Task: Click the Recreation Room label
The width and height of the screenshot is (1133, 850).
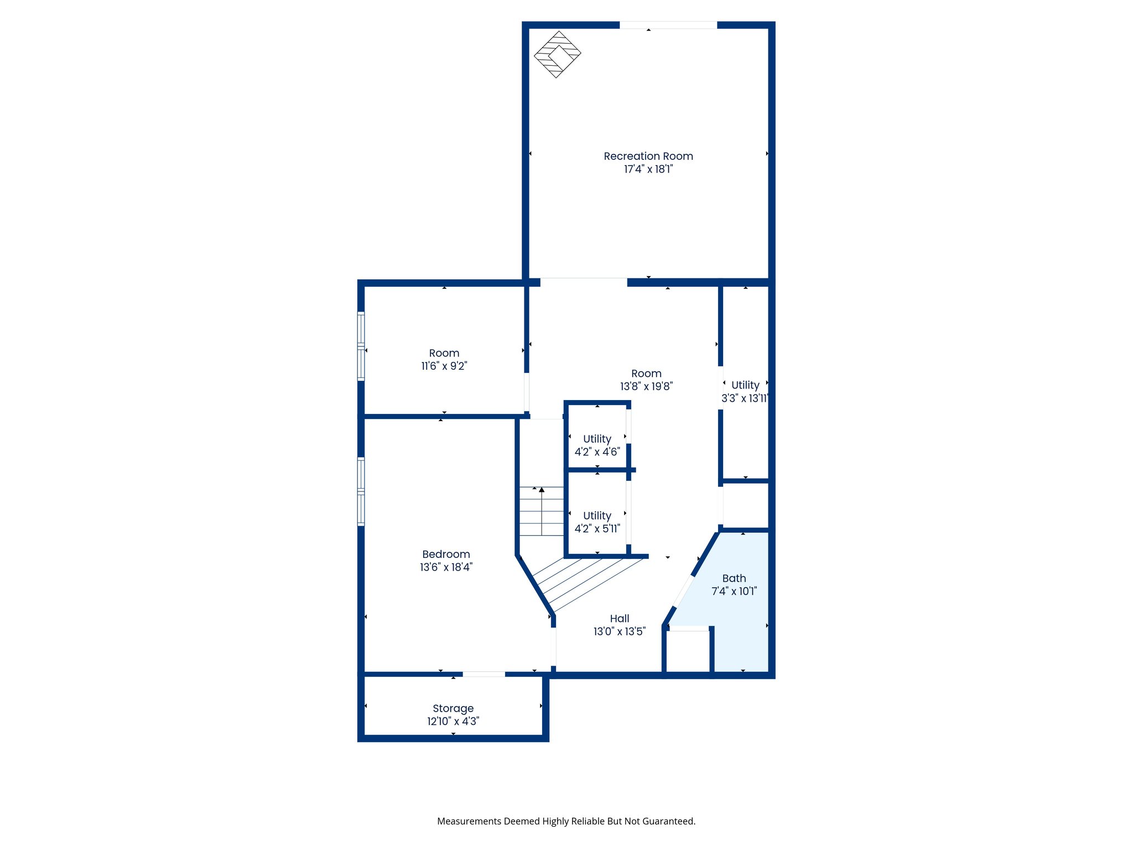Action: (648, 156)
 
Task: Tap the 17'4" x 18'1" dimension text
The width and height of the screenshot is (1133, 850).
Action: (648, 169)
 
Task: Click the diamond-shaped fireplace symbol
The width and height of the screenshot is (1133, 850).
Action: (557, 54)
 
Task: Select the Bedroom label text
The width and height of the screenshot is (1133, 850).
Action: (446, 554)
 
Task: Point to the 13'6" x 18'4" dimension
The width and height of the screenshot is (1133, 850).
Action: (446, 567)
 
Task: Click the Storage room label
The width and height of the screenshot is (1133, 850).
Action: (453, 708)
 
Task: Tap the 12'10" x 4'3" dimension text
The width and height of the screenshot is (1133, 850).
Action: (453, 722)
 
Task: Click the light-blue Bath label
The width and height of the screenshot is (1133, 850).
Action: (734, 578)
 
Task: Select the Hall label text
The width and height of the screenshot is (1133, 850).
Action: (620, 619)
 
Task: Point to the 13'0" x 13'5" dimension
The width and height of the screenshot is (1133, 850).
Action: (620, 632)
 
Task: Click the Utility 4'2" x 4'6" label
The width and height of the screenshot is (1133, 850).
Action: (597, 439)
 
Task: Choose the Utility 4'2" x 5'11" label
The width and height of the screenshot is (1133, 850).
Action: (597, 516)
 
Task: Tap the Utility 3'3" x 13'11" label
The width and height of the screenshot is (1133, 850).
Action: (745, 385)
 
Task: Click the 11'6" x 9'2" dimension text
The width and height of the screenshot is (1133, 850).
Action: (444, 366)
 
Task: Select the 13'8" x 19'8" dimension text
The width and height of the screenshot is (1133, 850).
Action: (646, 387)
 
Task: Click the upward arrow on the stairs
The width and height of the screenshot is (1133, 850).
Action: (542, 490)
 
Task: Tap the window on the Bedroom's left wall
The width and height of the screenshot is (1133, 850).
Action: (361, 491)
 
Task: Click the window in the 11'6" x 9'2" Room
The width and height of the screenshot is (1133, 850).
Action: (361, 346)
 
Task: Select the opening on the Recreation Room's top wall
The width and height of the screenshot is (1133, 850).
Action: (668, 25)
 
